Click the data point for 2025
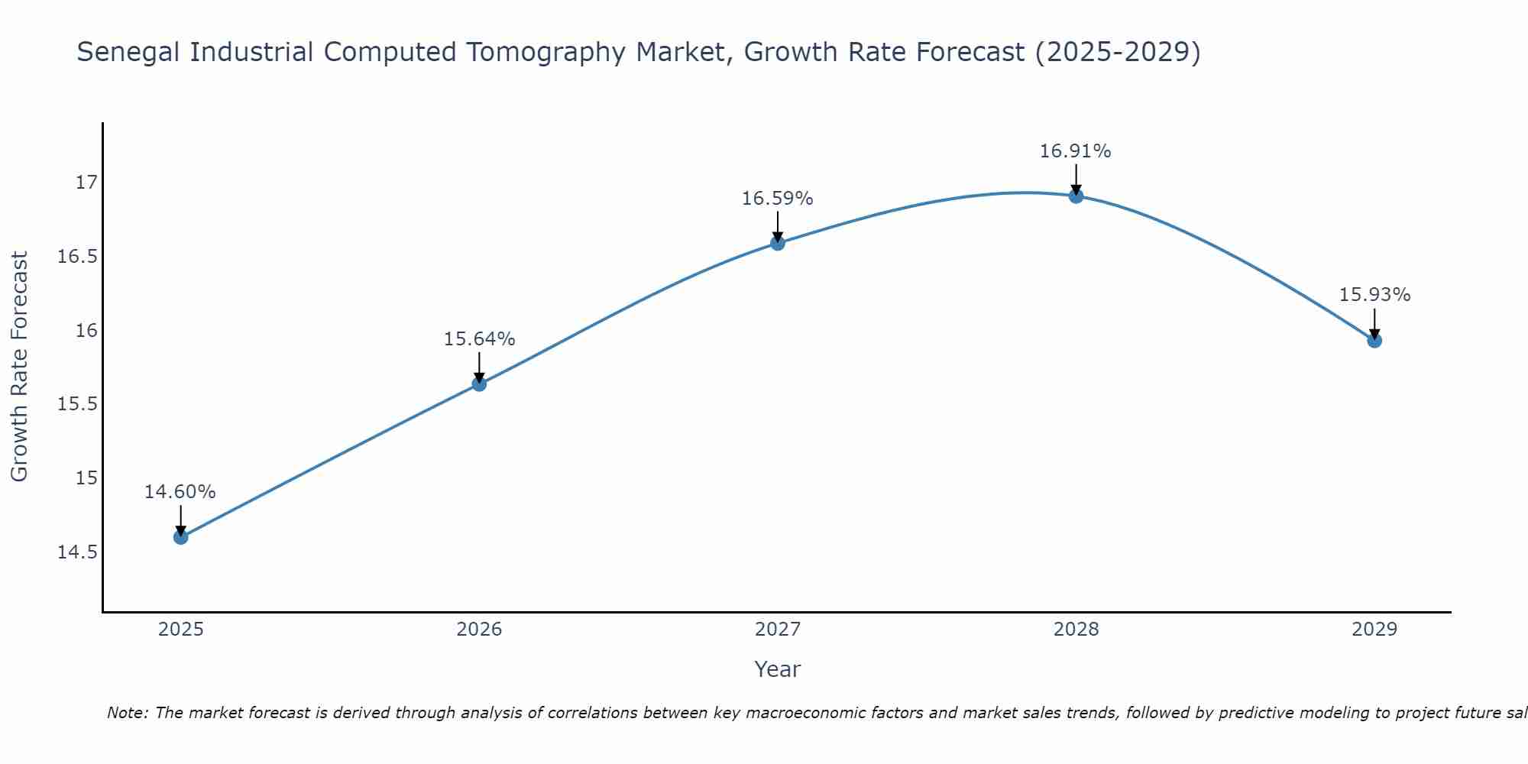tap(180, 537)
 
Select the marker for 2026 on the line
tap(479, 384)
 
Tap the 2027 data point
tap(778, 243)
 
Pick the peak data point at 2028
tap(1076, 196)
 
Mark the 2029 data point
tap(1374, 340)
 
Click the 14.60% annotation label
tap(180, 492)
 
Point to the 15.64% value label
tap(479, 339)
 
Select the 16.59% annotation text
tap(778, 199)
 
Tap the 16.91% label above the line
tap(1076, 151)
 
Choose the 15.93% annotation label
tap(1374, 295)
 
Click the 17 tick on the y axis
tap(86, 182)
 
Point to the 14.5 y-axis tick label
tap(77, 552)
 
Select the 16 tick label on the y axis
tap(86, 330)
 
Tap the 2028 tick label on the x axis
tap(1076, 630)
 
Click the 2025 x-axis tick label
tap(180, 630)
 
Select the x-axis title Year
tap(777, 669)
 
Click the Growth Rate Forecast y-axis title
tap(19, 367)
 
